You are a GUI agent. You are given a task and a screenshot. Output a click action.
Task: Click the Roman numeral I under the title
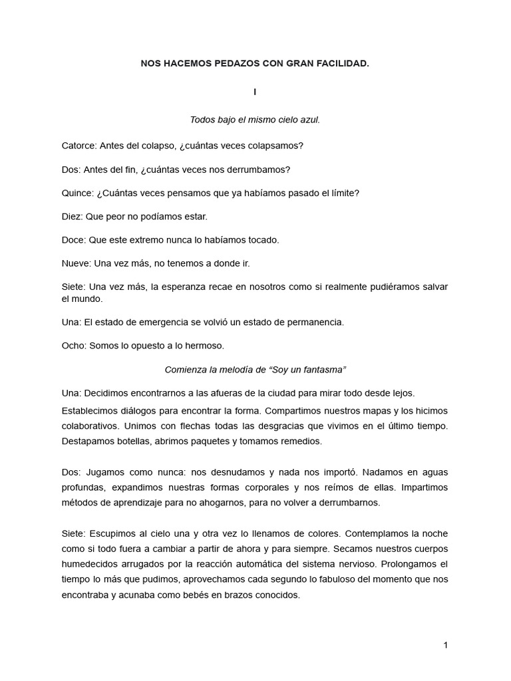(255, 92)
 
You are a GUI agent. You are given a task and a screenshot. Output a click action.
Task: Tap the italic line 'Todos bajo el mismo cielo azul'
(255, 120)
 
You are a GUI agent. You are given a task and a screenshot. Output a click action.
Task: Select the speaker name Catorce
(79, 145)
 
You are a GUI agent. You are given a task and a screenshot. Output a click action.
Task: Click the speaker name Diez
(71, 216)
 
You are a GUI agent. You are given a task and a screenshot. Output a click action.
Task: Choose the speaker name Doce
(73, 239)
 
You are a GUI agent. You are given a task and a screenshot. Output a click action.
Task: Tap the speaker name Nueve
(76, 263)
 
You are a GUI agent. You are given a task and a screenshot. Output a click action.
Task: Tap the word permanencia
(313, 322)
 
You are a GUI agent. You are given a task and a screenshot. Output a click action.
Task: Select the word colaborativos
(94, 425)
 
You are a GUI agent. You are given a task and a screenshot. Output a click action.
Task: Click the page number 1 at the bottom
(445, 645)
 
